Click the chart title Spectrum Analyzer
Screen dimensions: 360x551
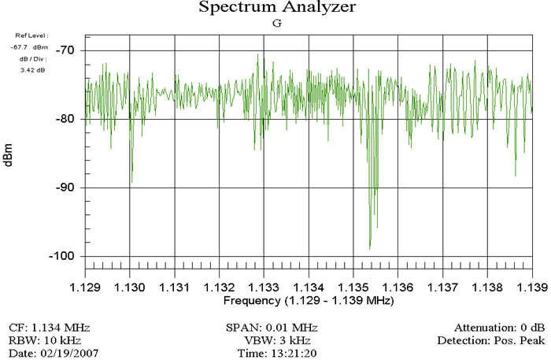point(276,8)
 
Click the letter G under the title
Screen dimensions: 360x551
point(276,24)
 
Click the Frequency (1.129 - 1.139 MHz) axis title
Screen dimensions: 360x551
point(308,301)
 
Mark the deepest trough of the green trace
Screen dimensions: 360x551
point(370,249)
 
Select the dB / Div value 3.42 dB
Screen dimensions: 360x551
point(35,69)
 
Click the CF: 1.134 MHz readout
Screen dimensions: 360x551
point(49,327)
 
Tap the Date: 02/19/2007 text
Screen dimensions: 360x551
point(44,353)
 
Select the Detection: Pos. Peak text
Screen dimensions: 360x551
point(490,340)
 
